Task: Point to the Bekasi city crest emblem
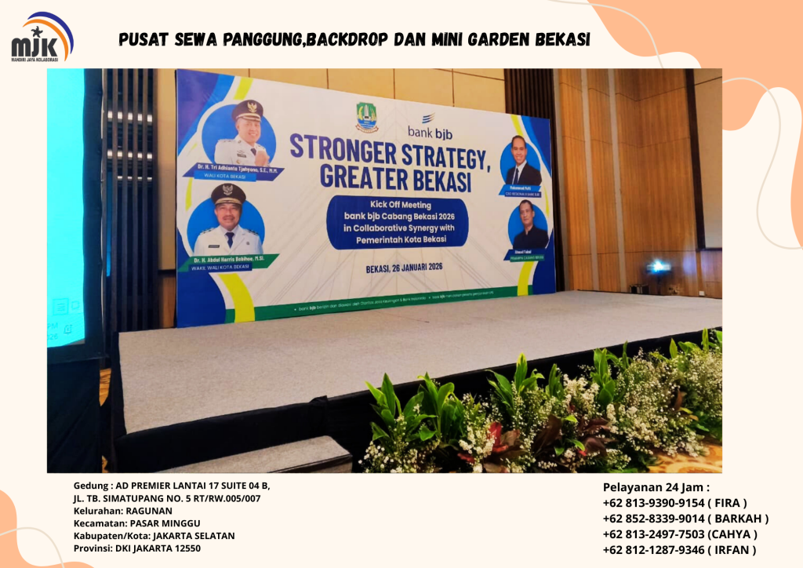366,117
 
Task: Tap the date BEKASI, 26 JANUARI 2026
404,267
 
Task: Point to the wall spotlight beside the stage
659,268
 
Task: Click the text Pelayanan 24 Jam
661,487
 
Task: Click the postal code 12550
185,548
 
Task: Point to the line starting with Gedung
172,485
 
